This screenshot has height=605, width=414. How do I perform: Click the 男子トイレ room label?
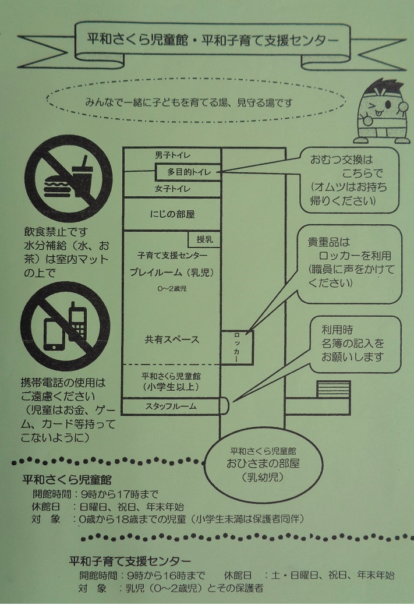(x=172, y=155)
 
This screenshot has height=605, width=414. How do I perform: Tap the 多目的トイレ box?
(x=187, y=172)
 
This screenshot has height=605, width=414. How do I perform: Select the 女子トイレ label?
(x=172, y=189)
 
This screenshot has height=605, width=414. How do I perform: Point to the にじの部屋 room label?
(x=172, y=214)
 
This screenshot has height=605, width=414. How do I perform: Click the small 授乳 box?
(x=204, y=239)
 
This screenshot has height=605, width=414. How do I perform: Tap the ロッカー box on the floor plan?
(x=236, y=348)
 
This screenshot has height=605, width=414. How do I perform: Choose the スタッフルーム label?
(x=171, y=406)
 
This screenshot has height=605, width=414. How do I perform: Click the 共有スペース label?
(x=172, y=339)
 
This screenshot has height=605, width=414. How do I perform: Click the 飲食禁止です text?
(x=56, y=232)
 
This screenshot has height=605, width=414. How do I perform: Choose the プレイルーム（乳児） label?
(x=172, y=272)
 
